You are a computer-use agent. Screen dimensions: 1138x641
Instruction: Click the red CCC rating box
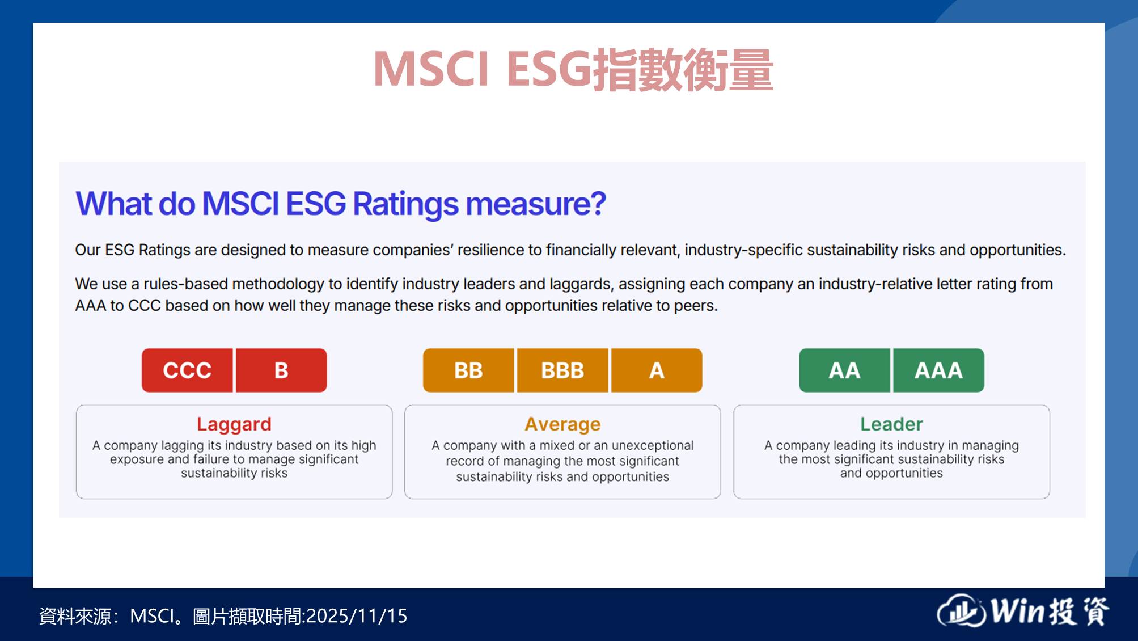point(187,370)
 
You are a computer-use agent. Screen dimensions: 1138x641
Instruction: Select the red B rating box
point(281,370)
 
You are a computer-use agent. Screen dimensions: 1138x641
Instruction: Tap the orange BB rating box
point(468,370)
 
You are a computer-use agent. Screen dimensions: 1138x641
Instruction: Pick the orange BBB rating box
point(562,370)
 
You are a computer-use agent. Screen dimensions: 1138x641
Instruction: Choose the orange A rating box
point(657,370)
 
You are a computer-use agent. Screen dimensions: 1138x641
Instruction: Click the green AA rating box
point(844,370)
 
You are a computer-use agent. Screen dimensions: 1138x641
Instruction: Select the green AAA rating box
point(938,370)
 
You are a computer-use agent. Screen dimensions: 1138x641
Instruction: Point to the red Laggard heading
point(234,425)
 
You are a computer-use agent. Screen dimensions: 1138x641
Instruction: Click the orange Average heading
point(562,424)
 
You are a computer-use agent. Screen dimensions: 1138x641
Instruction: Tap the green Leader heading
point(891,424)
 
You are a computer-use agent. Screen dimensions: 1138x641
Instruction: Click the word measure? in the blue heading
point(536,204)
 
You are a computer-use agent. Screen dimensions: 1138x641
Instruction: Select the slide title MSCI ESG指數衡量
point(573,69)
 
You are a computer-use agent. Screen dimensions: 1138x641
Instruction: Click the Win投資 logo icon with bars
point(962,611)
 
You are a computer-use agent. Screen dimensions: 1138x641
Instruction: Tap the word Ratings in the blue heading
point(405,204)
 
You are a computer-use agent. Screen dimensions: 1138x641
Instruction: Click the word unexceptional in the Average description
point(653,446)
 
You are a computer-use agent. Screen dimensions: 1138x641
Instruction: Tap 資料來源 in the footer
point(75,616)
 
